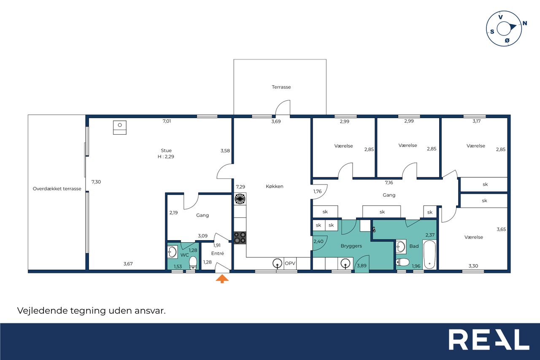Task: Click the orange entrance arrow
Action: click(x=222, y=279)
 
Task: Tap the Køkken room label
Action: click(x=274, y=187)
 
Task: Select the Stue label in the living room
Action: click(x=166, y=151)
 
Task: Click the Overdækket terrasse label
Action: click(x=57, y=189)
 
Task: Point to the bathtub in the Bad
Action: click(x=429, y=254)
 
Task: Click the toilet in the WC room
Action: click(x=193, y=263)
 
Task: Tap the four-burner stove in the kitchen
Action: click(x=240, y=238)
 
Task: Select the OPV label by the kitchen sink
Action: click(x=290, y=263)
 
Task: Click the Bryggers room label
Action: click(x=351, y=246)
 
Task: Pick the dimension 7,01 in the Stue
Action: click(x=167, y=121)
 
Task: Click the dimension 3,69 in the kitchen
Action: click(x=276, y=122)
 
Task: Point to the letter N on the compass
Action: click(x=524, y=23)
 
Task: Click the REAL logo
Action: click(x=489, y=339)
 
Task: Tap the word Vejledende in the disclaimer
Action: click(x=43, y=311)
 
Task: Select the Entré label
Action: click(x=217, y=253)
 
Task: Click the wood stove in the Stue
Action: click(x=120, y=127)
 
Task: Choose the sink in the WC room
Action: click(x=173, y=252)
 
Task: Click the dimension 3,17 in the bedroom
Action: click(x=476, y=121)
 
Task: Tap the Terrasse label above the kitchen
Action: click(x=281, y=87)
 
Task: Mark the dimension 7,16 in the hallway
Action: click(x=389, y=183)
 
